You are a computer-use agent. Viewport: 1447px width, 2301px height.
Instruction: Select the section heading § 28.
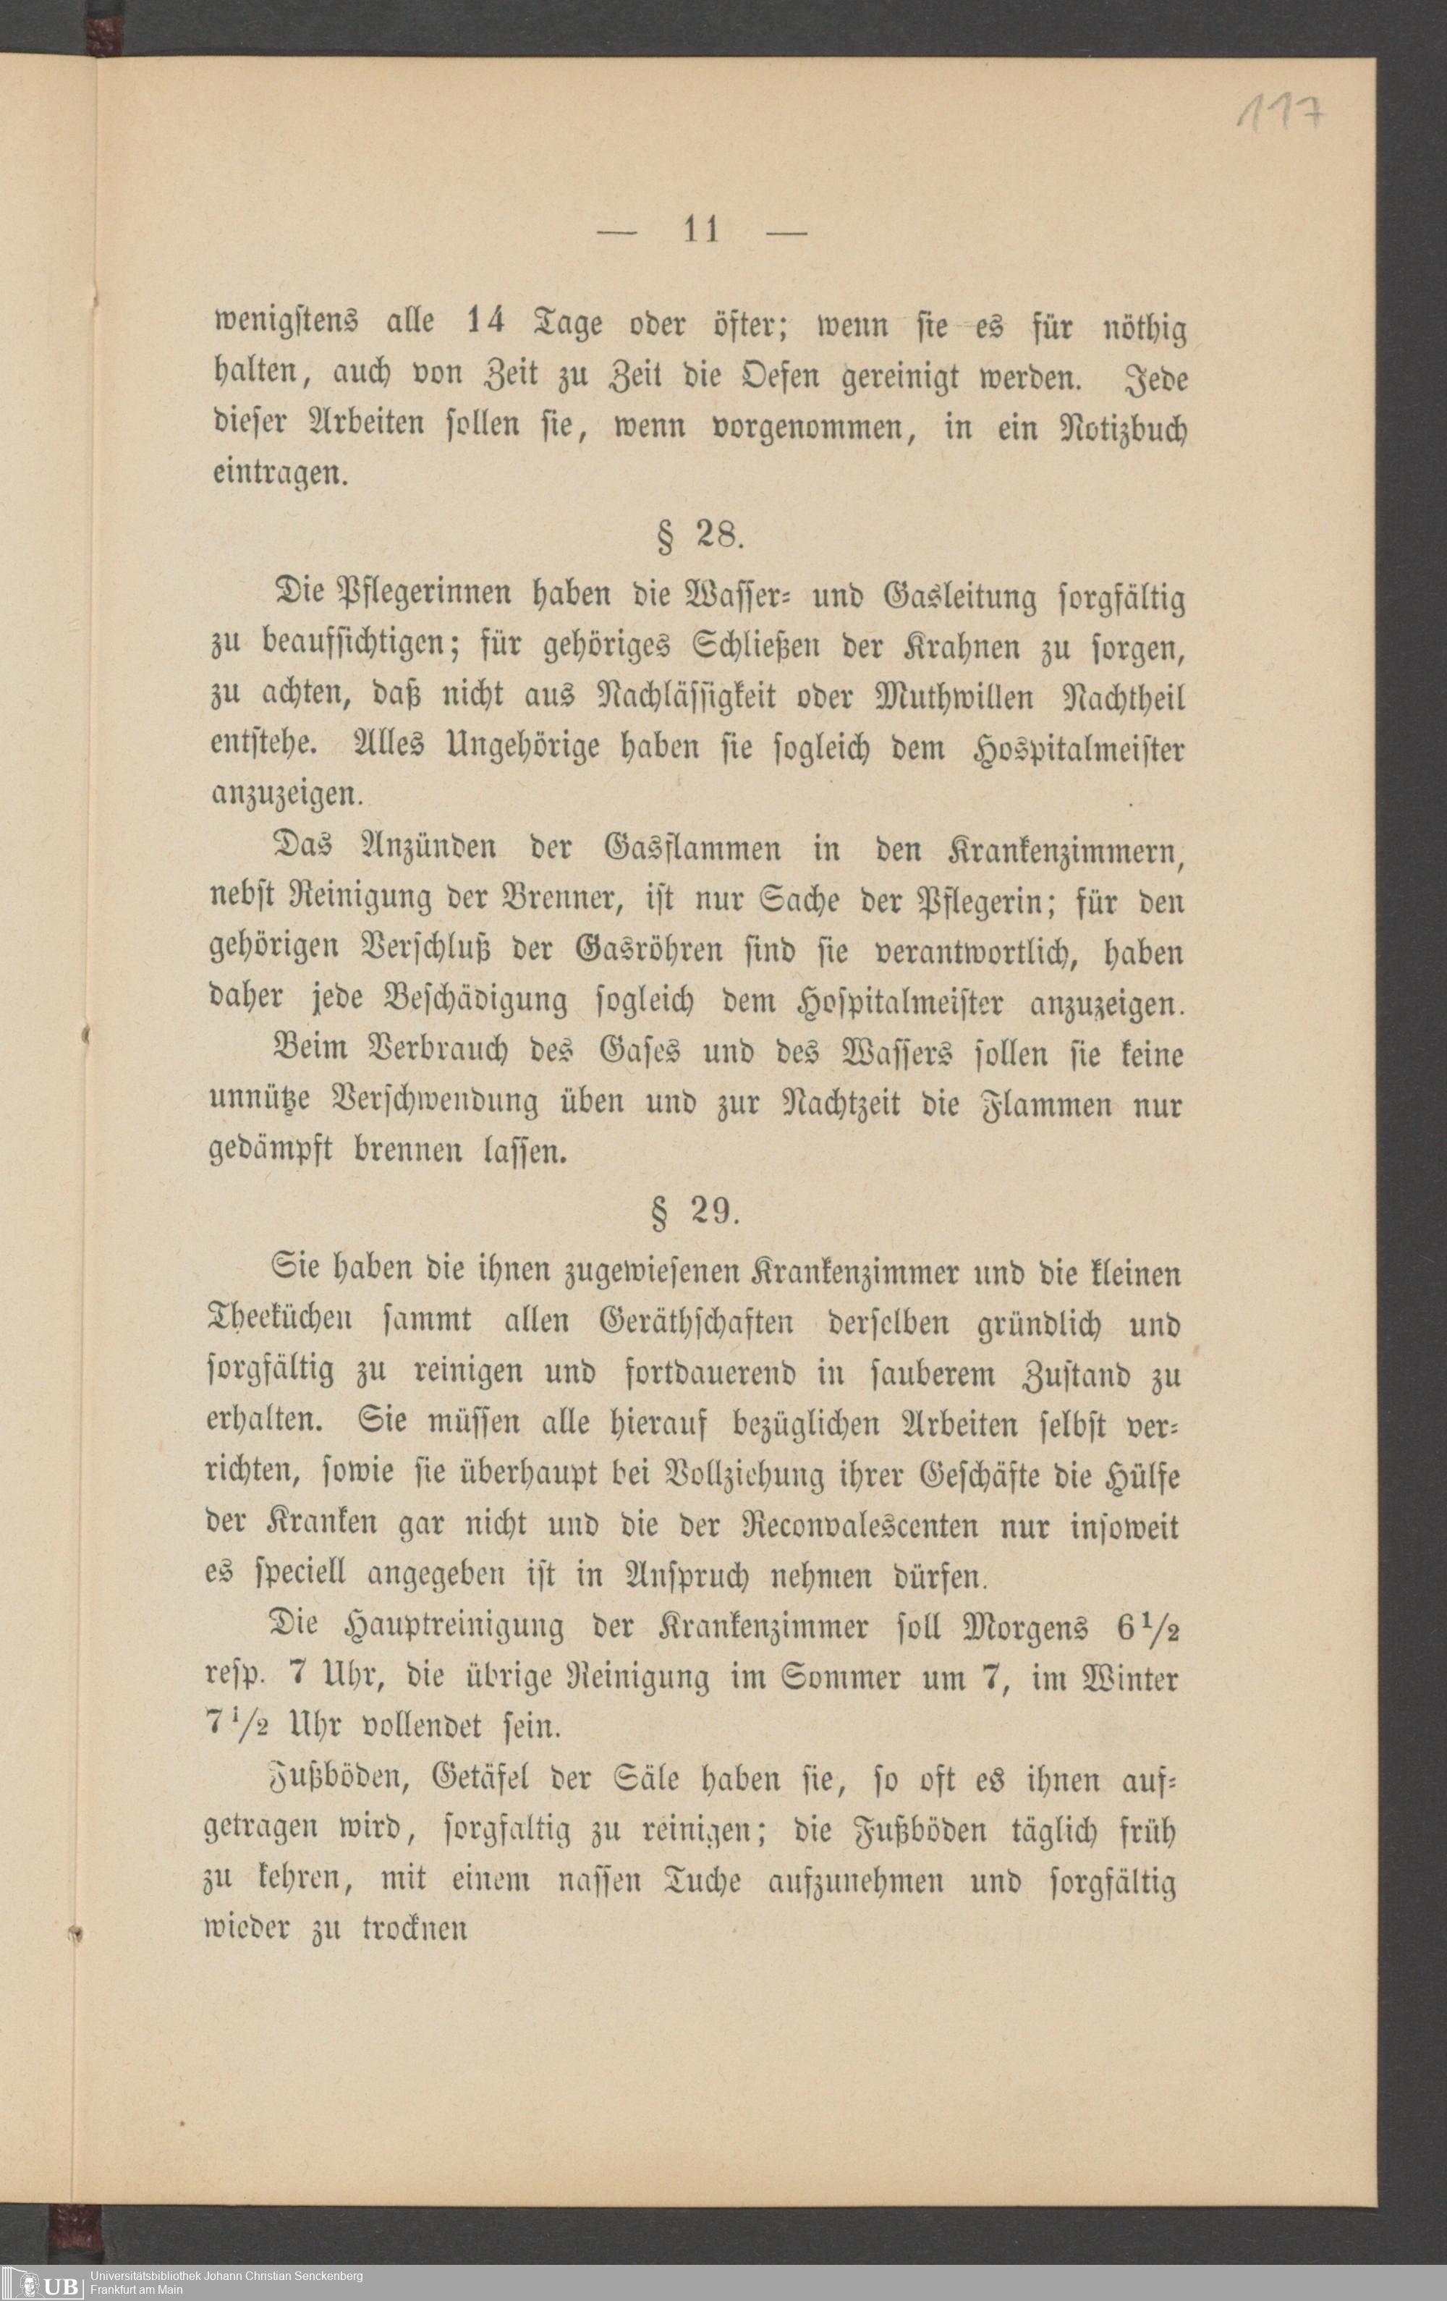click(700, 536)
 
